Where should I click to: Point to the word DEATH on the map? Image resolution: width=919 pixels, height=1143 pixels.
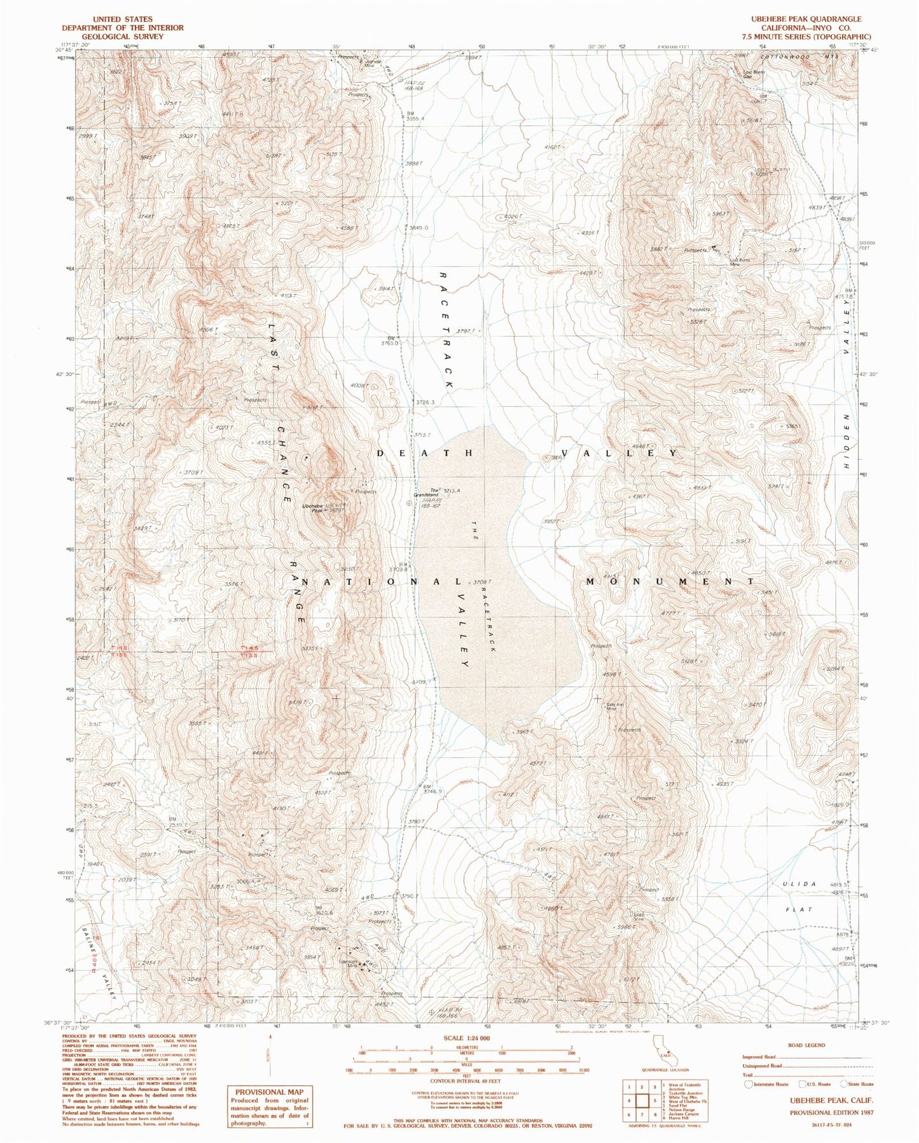tap(425, 453)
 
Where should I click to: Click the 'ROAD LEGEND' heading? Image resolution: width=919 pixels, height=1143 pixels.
tap(808, 1045)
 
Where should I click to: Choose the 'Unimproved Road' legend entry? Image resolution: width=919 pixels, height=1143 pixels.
tap(761, 1065)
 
